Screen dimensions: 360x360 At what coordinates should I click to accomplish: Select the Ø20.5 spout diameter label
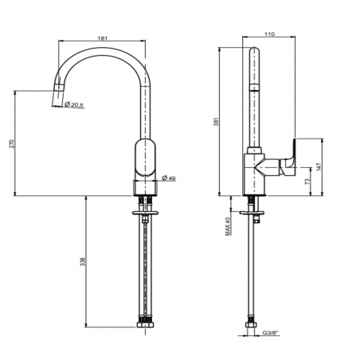[76, 104]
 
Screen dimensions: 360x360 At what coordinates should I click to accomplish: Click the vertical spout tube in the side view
[253, 96]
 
